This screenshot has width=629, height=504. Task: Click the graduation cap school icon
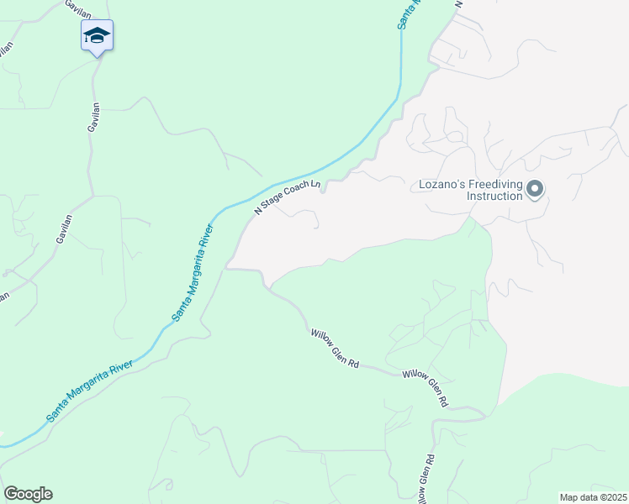tap(97, 35)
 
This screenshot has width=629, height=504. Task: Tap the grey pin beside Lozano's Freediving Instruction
tap(534, 189)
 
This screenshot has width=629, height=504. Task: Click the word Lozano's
tap(442, 184)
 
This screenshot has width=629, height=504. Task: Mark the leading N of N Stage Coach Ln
tap(258, 212)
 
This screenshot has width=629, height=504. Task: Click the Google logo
tap(28, 494)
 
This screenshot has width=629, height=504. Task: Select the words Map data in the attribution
tap(579, 497)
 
